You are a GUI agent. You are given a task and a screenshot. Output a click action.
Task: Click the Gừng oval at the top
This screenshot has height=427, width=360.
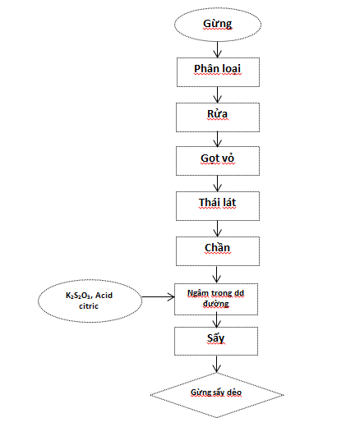coord(218,25)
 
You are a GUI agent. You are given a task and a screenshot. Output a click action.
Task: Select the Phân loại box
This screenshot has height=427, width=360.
coord(218,72)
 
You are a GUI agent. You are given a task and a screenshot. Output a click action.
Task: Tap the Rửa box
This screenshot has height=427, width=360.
coord(218,117)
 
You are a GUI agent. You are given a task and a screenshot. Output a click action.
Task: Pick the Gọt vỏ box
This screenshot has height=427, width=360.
coord(218,161)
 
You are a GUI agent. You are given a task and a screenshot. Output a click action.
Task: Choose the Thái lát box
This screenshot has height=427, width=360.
coord(218,206)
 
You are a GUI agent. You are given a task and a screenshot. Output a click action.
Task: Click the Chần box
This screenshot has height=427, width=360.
coord(218,251)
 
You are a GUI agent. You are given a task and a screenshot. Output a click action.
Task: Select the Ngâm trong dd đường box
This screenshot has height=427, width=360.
coord(216,299)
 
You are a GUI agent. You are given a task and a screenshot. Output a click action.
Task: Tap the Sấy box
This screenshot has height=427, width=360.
coord(216,341)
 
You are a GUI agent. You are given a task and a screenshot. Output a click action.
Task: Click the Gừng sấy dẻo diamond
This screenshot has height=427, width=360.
coord(217,395)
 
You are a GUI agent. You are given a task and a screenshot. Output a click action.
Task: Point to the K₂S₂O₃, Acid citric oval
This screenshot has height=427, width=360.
coord(90,301)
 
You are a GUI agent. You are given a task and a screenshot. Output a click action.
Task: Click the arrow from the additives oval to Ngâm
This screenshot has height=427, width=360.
coord(158,296)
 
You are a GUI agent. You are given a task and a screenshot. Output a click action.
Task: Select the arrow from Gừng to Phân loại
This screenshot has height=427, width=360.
coord(218,49)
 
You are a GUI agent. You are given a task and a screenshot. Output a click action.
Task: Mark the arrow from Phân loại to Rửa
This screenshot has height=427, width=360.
coord(218,95)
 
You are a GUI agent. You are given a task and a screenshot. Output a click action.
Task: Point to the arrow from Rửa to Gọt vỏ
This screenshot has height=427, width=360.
coord(218,140)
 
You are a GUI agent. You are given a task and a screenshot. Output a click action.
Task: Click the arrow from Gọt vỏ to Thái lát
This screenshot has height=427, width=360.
coord(218,184)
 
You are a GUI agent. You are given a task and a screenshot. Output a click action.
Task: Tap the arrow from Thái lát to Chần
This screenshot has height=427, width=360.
coord(218,229)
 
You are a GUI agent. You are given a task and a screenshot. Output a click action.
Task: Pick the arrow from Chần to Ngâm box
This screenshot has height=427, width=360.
coord(217,274)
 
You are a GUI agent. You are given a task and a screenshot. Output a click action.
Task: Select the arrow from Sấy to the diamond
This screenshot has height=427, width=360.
coord(217,364)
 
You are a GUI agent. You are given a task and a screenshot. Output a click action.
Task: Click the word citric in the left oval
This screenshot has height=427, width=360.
coord(89,306)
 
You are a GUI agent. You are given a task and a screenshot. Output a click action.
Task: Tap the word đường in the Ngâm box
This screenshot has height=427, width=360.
coord(216,304)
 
